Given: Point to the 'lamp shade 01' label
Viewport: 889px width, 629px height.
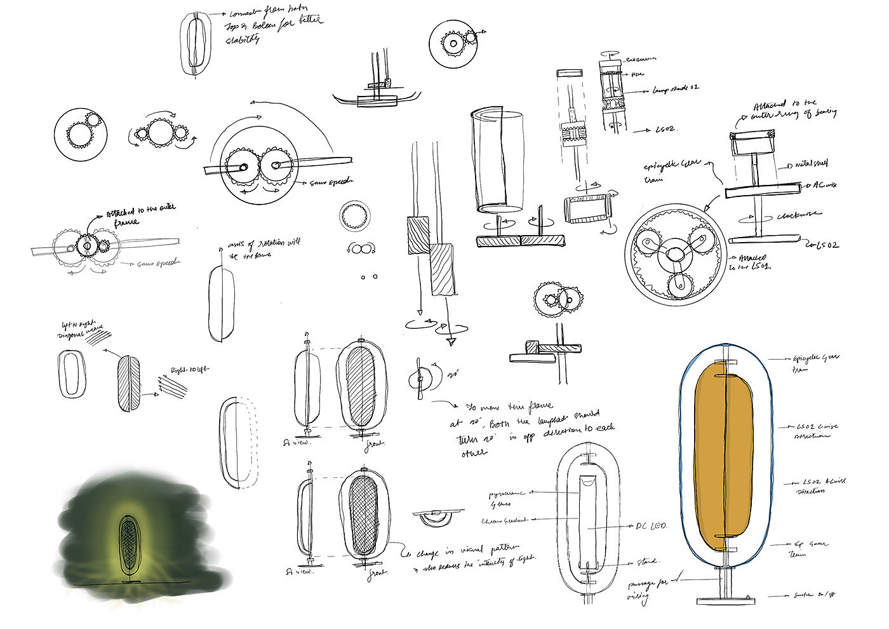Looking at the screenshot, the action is [676, 88].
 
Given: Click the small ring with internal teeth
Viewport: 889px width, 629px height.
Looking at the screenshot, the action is [356, 217].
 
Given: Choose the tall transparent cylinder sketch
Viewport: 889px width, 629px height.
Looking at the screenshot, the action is [498, 161].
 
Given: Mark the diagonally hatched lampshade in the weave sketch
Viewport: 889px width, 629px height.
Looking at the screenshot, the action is [129, 382].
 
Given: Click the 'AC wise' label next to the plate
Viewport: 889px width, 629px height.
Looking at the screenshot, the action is [825, 186].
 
